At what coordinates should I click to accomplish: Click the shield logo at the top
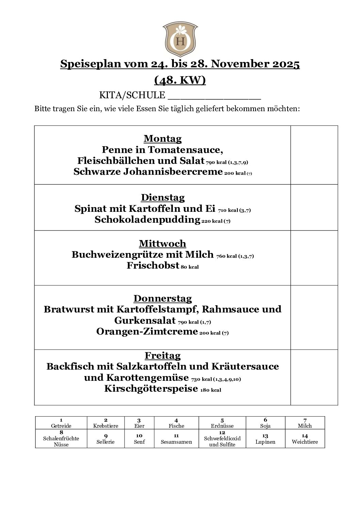[x=180, y=39]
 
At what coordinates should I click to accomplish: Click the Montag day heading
[x=163, y=139]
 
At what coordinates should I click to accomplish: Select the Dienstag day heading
[x=163, y=198]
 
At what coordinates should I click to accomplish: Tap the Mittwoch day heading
[x=163, y=244]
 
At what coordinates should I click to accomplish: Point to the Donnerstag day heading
[x=163, y=299]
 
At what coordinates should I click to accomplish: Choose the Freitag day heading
[x=163, y=356]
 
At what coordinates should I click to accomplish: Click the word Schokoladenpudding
[x=147, y=220]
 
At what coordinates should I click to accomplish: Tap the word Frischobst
[x=153, y=266]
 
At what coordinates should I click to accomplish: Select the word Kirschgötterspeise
[x=151, y=388]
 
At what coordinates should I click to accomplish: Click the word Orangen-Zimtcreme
[x=147, y=331]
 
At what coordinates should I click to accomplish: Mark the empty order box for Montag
[x=314, y=155]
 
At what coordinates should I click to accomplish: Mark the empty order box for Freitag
[x=314, y=377]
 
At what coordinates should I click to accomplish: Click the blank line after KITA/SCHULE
[x=214, y=96]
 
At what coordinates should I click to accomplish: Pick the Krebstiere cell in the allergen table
[x=105, y=423]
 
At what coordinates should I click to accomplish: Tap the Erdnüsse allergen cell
[x=222, y=423]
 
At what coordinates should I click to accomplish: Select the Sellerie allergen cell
[x=105, y=439]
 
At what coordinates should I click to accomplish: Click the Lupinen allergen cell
[x=265, y=439]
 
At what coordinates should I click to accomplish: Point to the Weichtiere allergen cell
[x=305, y=439]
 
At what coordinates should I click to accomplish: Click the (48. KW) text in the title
[x=180, y=80]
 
